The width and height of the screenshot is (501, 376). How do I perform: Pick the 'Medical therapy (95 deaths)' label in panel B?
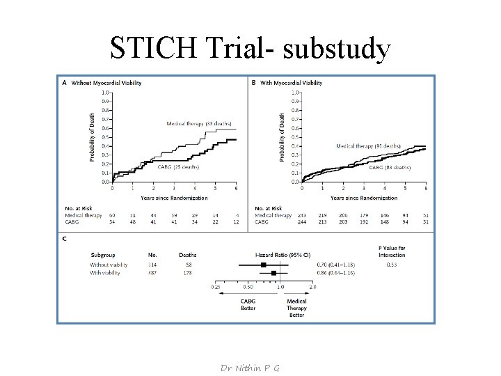click(368, 146)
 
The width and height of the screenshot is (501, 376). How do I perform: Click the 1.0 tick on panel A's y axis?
click(105, 92)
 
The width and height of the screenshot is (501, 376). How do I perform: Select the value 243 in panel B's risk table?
click(301, 215)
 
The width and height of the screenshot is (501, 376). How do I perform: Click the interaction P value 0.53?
click(392, 265)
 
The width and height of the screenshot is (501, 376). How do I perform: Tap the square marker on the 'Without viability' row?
click(264, 265)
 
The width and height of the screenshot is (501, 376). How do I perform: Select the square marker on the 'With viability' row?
click(273, 273)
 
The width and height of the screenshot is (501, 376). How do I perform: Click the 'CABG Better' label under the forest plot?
click(248, 305)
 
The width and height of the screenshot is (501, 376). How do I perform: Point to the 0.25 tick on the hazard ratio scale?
click(217, 287)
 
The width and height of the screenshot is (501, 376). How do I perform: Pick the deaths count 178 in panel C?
click(187, 273)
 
